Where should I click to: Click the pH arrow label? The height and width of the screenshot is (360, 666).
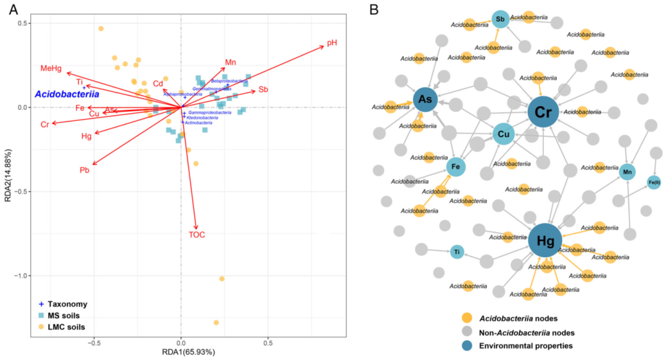click(x=332, y=43)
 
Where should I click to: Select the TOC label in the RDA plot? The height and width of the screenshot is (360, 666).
click(x=197, y=234)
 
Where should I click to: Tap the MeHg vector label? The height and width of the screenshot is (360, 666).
click(x=52, y=68)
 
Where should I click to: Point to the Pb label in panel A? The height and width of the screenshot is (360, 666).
click(x=84, y=170)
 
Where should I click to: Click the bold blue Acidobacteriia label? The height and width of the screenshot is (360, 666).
click(x=67, y=95)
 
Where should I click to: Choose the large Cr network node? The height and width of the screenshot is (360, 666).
click(x=543, y=112)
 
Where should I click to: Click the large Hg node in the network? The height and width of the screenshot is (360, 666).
click(x=545, y=240)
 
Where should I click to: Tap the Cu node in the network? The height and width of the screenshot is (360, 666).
click(x=503, y=134)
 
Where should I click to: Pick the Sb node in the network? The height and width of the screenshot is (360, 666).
click(x=500, y=20)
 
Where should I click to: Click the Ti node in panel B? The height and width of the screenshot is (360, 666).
click(x=456, y=252)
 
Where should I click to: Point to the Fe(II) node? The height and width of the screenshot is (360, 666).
click(x=654, y=182)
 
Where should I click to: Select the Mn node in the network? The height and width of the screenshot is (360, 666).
click(x=627, y=172)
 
